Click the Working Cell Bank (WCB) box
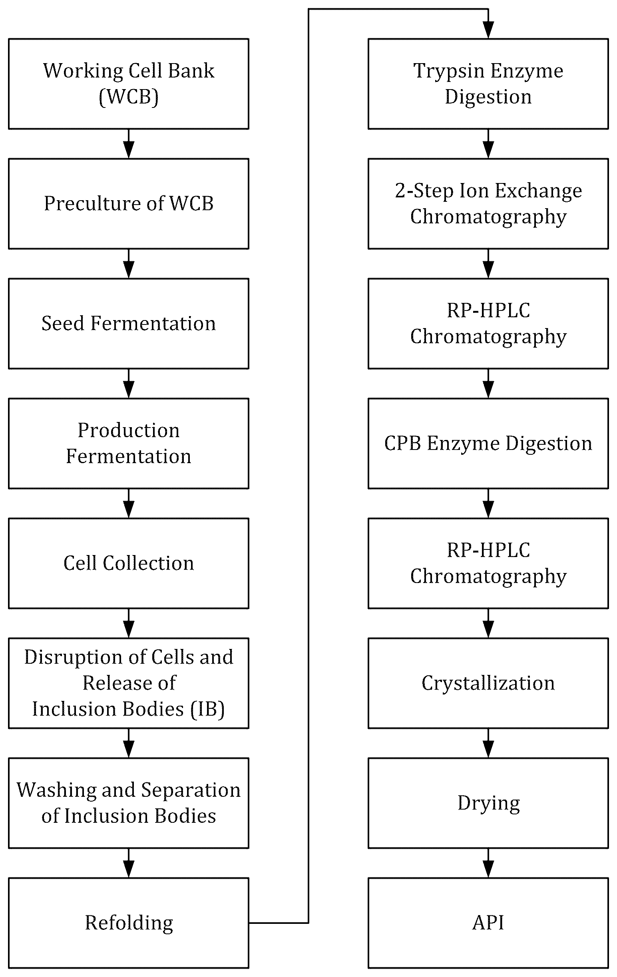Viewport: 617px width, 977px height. click(129, 84)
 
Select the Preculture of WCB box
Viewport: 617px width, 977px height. click(129, 204)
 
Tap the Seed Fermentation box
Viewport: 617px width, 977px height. click(129, 323)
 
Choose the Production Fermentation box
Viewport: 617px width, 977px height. click(129, 444)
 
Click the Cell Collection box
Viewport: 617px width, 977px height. click(129, 563)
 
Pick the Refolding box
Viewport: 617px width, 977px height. click(129, 923)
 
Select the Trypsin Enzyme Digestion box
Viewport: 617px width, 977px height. click(488, 84)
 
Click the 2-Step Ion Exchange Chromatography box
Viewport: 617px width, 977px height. click(488, 204)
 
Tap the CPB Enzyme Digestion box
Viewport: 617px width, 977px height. click(488, 444)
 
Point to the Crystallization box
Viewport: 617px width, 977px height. click(488, 683)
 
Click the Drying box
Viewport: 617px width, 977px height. click(488, 803)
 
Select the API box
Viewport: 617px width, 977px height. click(488, 923)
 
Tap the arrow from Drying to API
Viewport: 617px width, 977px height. click(488, 863)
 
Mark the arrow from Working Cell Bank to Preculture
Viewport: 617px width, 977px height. click(129, 144)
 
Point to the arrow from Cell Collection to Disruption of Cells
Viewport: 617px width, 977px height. click(129, 623)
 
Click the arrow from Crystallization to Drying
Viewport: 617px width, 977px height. click(488, 743)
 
